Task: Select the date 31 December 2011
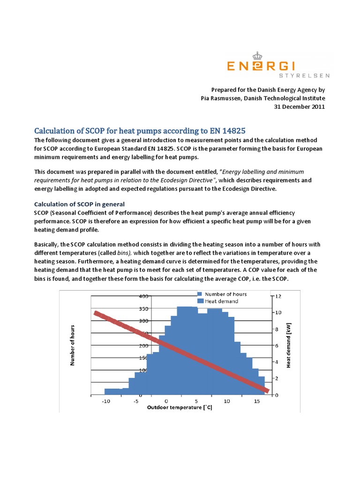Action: pyautogui.click(x=299, y=106)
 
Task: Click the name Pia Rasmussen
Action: pyautogui.click(x=222, y=98)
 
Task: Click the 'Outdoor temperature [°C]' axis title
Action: pyautogui.click(x=180, y=408)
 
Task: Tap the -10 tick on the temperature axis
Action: pyautogui.click(x=105, y=401)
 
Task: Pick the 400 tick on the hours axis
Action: pyautogui.click(x=144, y=296)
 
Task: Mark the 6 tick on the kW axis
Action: pyautogui.click(x=277, y=345)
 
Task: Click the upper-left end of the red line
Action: pyautogui.click(x=97, y=313)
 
